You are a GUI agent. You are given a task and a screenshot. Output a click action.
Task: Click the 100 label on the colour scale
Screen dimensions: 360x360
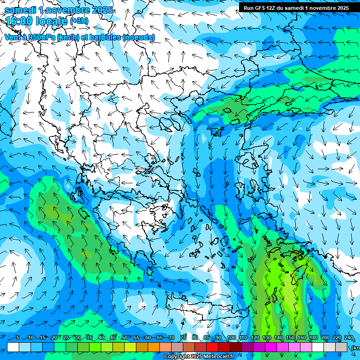pos(232,337)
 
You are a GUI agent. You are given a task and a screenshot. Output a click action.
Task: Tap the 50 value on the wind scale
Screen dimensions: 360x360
pos(124,337)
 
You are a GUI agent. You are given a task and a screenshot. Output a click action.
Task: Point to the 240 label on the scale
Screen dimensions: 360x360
pos(349,337)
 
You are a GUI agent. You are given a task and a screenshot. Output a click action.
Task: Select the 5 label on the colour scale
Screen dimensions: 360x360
pos(18,337)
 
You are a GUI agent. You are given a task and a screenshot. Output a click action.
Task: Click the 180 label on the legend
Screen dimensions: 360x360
pos(313,337)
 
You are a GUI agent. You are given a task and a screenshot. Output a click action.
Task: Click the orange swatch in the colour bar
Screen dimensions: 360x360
pos(154,347)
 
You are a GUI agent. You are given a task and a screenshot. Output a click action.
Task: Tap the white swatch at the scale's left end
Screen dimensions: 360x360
pos(13,347)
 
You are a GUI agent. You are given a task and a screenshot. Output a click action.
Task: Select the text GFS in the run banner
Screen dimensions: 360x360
pos(260,8)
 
